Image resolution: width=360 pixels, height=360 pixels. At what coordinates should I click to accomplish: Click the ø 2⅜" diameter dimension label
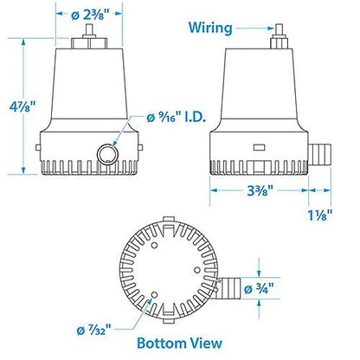click(x=91, y=14)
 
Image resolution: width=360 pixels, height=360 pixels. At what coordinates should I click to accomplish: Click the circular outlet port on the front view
click(x=107, y=154)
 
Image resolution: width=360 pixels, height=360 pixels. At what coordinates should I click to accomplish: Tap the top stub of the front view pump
click(x=89, y=41)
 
